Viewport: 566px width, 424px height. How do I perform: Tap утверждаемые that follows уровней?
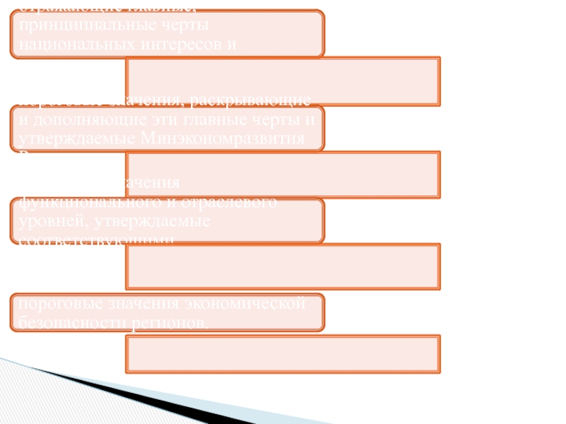click(146, 222)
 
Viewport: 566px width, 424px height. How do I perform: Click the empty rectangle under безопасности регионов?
click(282, 353)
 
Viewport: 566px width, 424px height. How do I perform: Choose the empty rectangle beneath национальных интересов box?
click(282, 77)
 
